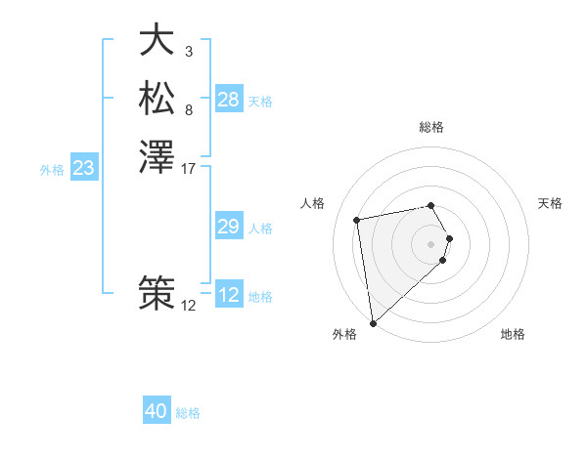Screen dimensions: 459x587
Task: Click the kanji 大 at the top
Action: [157, 40]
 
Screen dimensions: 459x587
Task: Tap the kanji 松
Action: [157, 98]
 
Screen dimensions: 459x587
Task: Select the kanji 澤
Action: [157, 156]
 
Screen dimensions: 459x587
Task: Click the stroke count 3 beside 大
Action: [189, 51]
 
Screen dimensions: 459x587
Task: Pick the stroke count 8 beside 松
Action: [189, 109]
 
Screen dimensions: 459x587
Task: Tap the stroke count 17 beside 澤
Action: [189, 168]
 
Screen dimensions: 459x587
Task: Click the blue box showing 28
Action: [229, 100]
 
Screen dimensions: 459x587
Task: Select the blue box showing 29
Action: [229, 227]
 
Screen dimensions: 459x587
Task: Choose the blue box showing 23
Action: [84, 168]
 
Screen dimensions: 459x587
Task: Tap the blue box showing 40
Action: [157, 411]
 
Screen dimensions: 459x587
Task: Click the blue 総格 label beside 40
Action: [188, 413]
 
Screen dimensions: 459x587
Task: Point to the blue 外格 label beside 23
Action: [52, 170]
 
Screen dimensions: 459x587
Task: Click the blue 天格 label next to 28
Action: [260, 102]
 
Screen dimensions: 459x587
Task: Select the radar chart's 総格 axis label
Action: [431, 127]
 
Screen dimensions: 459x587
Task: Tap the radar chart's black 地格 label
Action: [513, 334]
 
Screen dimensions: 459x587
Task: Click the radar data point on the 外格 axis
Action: [373, 323]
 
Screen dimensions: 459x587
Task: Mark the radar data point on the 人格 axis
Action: [357, 219]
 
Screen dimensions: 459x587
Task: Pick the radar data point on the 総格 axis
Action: [431, 205]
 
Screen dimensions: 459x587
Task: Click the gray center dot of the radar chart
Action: [431, 243]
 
